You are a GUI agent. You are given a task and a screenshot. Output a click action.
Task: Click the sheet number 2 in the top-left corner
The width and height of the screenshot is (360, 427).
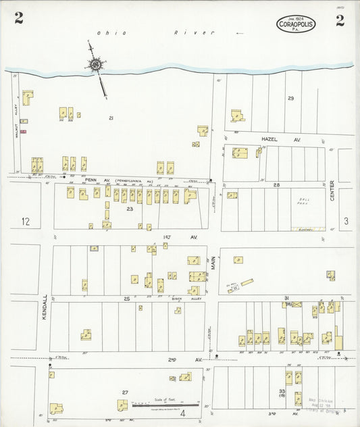18,19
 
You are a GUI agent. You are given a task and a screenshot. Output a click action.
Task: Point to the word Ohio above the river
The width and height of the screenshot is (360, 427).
107,33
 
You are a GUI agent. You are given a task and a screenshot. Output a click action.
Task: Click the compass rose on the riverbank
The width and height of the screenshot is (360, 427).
95,65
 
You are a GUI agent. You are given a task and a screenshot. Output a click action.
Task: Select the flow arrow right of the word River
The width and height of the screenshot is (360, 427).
238,32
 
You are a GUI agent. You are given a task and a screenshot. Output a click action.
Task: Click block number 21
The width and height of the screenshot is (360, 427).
110,118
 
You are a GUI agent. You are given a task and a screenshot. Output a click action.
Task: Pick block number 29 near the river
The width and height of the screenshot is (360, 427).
290,99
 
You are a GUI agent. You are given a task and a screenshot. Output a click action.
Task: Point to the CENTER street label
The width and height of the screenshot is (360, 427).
332,191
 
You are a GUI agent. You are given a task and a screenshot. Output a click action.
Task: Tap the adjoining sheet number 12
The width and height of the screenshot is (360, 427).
26,221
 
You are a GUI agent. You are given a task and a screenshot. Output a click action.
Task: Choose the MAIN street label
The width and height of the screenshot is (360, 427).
213,260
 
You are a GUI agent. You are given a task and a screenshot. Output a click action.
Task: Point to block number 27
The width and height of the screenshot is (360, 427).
125,392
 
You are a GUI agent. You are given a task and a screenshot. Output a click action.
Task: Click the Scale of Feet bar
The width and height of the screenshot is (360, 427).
165,404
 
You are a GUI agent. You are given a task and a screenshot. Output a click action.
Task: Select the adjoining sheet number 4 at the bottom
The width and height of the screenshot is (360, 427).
181,414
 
